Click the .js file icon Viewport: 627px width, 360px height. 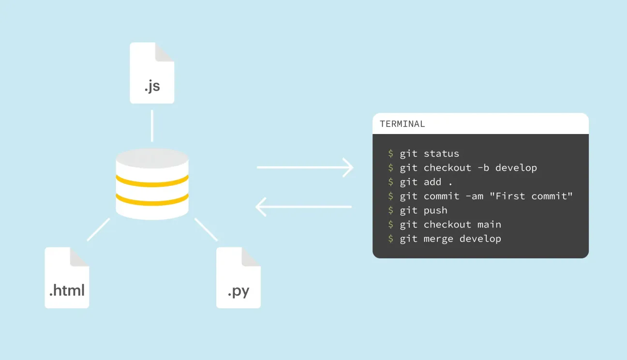click(152, 74)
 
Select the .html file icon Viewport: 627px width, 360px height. click(67, 278)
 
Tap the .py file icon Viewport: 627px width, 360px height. click(238, 278)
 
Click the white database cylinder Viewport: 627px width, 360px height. click(152, 184)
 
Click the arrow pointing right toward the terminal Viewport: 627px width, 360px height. click(305, 167)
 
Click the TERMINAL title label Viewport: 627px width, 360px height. click(403, 124)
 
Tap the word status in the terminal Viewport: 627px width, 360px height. click(441, 154)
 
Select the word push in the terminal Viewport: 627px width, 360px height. click(435, 210)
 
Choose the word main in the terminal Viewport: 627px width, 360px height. click(489, 225)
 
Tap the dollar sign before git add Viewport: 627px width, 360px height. click(391, 182)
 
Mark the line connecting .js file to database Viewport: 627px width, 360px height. click(152, 126)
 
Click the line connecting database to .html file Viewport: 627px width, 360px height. click(98, 229)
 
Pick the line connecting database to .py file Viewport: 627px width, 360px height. click(206, 229)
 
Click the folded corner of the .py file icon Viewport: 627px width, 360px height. click(251, 256)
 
